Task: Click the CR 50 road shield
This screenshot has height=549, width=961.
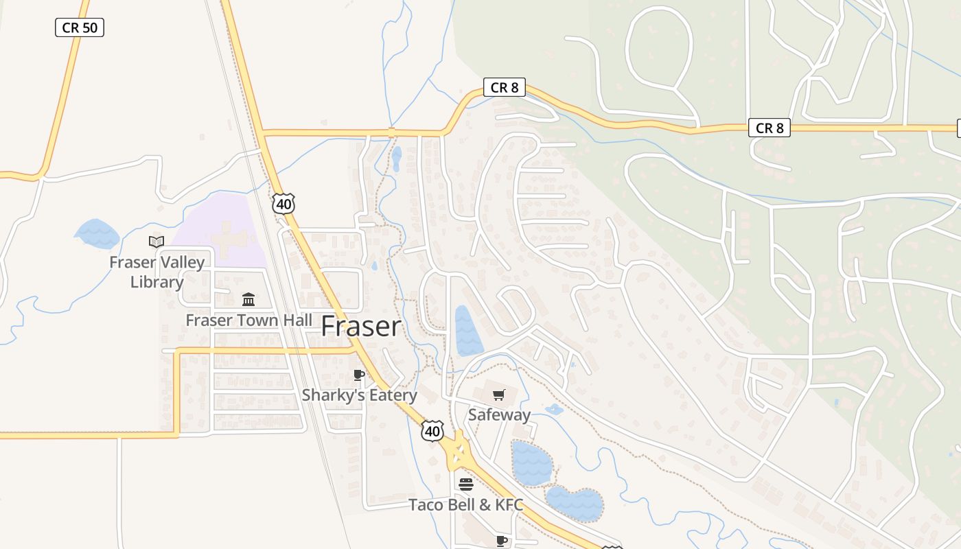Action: pos(80,27)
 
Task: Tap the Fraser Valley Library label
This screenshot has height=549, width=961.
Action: pos(157,272)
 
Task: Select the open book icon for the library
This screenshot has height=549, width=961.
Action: pos(157,242)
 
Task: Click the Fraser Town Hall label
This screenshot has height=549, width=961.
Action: pos(248,320)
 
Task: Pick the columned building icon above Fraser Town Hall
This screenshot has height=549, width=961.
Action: pos(248,300)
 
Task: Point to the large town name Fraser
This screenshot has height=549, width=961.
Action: pos(361,326)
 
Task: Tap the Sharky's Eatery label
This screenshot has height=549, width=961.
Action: pos(359,395)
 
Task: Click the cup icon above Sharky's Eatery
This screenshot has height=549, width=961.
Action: pos(358,375)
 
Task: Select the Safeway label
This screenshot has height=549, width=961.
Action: pos(499,414)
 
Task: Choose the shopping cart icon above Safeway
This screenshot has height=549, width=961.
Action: pos(499,395)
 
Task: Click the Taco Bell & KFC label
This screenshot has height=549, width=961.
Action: pos(465,505)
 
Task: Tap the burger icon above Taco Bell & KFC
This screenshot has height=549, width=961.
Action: pos(466,484)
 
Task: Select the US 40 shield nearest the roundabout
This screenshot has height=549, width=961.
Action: pos(432,431)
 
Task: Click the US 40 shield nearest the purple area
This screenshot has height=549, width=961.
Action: pos(283,203)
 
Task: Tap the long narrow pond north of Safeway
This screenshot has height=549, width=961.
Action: pos(468,331)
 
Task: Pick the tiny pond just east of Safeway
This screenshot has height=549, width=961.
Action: pos(554,410)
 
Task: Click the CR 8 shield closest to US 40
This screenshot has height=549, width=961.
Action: pos(505,87)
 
